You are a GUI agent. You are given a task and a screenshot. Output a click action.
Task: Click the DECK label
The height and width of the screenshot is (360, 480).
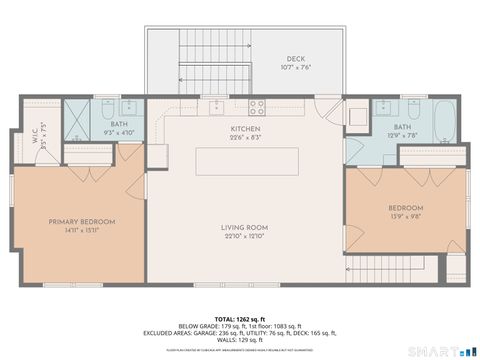pyautogui.click(x=295, y=59)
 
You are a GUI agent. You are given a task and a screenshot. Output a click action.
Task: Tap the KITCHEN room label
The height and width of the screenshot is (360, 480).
pyautogui.click(x=245, y=129)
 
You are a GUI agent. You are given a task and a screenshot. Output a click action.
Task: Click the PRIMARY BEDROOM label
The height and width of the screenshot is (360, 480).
pyautogui.click(x=82, y=221)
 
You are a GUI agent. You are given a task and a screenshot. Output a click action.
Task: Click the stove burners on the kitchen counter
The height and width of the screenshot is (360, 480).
pyautogui.click(x=255, y=106)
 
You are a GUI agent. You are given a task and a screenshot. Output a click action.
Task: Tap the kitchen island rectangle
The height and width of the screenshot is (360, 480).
pyautogui.click(x=245, y=160)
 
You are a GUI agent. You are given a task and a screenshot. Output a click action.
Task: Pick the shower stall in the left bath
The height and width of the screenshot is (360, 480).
pyautogui.click(x=77, y=119)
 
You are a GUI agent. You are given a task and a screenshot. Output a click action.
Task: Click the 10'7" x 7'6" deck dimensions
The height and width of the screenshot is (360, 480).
pyautogui.click(x=297, y=68)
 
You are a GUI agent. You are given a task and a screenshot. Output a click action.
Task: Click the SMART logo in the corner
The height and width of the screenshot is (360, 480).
pyautogui.click(x=440, y=351)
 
